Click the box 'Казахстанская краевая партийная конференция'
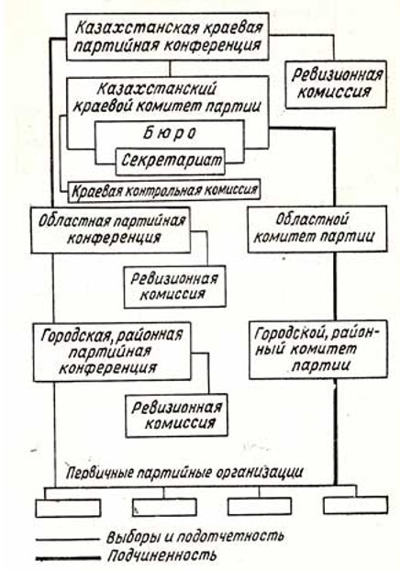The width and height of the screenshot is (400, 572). click(167, 37)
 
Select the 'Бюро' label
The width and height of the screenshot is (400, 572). click(169, 133)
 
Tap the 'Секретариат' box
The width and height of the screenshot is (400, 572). click(171, 161)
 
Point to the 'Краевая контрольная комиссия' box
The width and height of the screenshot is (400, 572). click(164, 190)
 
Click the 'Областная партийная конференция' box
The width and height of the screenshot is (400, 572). click(110, 230)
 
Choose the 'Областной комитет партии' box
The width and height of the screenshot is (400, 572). click(317, 230)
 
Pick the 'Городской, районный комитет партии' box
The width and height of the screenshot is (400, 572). click(318, 350)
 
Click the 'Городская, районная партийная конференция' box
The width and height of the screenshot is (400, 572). click(112, 352)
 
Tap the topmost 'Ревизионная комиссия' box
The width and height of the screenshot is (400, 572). click(336, 84)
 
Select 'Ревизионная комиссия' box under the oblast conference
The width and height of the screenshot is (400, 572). click(174, 286)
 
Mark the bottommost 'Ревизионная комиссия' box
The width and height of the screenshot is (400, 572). click(176, 415)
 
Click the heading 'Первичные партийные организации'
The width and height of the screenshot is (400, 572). click(185, 473)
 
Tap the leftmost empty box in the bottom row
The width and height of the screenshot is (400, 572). click(68, 508)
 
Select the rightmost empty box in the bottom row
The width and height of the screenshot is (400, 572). click(356, 505)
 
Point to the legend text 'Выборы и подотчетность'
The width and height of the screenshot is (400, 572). click(195, 537)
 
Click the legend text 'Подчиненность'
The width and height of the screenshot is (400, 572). click(162, 556)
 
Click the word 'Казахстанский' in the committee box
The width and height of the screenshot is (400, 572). click(157, 89)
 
